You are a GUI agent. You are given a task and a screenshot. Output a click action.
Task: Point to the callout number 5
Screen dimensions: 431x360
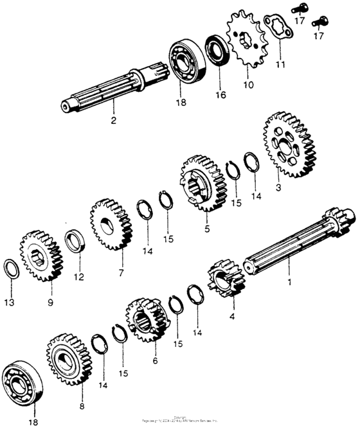pos(207,227)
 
